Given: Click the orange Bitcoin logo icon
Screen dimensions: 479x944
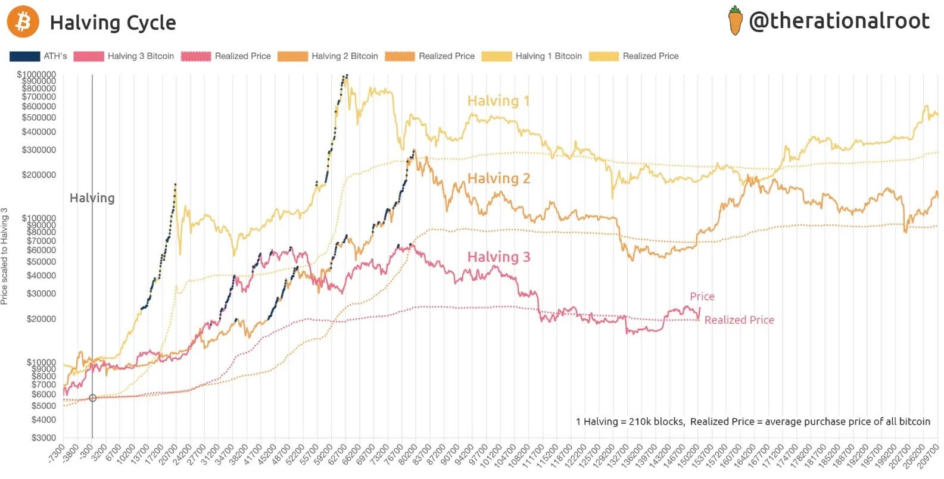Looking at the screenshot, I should (x=23, y=22).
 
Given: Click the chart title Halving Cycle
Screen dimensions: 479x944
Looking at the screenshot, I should (x=113, y=23).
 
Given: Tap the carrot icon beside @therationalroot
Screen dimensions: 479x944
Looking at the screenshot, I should (x=736, y=21).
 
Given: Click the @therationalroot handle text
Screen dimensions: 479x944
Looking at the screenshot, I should (x=839, y=21).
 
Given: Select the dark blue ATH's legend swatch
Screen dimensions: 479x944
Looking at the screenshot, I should (x=25, y=56).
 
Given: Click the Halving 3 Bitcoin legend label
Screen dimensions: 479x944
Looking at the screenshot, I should (x=141, y=56).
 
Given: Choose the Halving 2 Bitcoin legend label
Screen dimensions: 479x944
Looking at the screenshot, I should (x=344, y=56).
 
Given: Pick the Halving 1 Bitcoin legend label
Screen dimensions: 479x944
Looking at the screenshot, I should (x=549, y=56).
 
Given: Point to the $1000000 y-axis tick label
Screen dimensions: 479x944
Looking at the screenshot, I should (x=37, y=74).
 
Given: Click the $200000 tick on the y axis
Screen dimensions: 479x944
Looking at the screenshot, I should (x=39, y=175).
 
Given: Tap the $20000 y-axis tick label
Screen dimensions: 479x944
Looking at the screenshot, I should (x=41, y=319).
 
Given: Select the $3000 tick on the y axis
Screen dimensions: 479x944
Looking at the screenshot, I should (x=43, y=438).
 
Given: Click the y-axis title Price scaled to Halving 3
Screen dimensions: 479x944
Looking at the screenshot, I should (x=5, y=256).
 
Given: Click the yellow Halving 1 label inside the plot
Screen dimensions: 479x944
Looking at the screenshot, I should (x=499, y=101).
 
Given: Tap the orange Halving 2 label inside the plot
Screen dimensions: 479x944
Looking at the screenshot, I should (x=499, y=179).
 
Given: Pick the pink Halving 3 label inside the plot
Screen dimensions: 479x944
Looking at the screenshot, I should (x=499, y=257).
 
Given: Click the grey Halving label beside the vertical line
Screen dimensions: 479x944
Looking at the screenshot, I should (x=92, y=198).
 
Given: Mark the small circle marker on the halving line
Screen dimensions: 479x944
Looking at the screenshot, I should (x=92, y=398).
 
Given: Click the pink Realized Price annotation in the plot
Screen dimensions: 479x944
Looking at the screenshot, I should (x=739, y=320).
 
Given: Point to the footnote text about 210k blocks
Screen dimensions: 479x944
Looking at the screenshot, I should (x=752, y=421).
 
